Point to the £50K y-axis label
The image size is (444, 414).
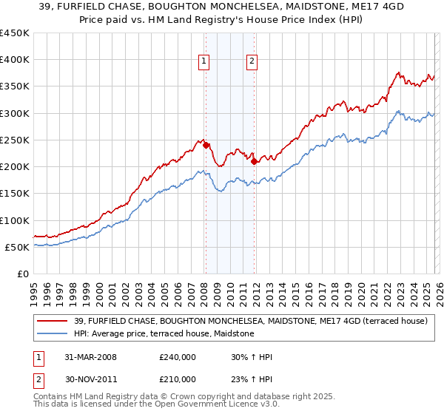(17, 247)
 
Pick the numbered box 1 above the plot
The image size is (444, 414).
(203, 61)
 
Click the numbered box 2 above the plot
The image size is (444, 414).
(252, 61)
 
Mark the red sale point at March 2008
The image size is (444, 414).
(206, 146)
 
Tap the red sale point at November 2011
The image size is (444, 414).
(254, 161)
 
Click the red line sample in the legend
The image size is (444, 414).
(53, 321)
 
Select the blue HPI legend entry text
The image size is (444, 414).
(164, 334)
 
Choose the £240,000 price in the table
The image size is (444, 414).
(178, 357)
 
